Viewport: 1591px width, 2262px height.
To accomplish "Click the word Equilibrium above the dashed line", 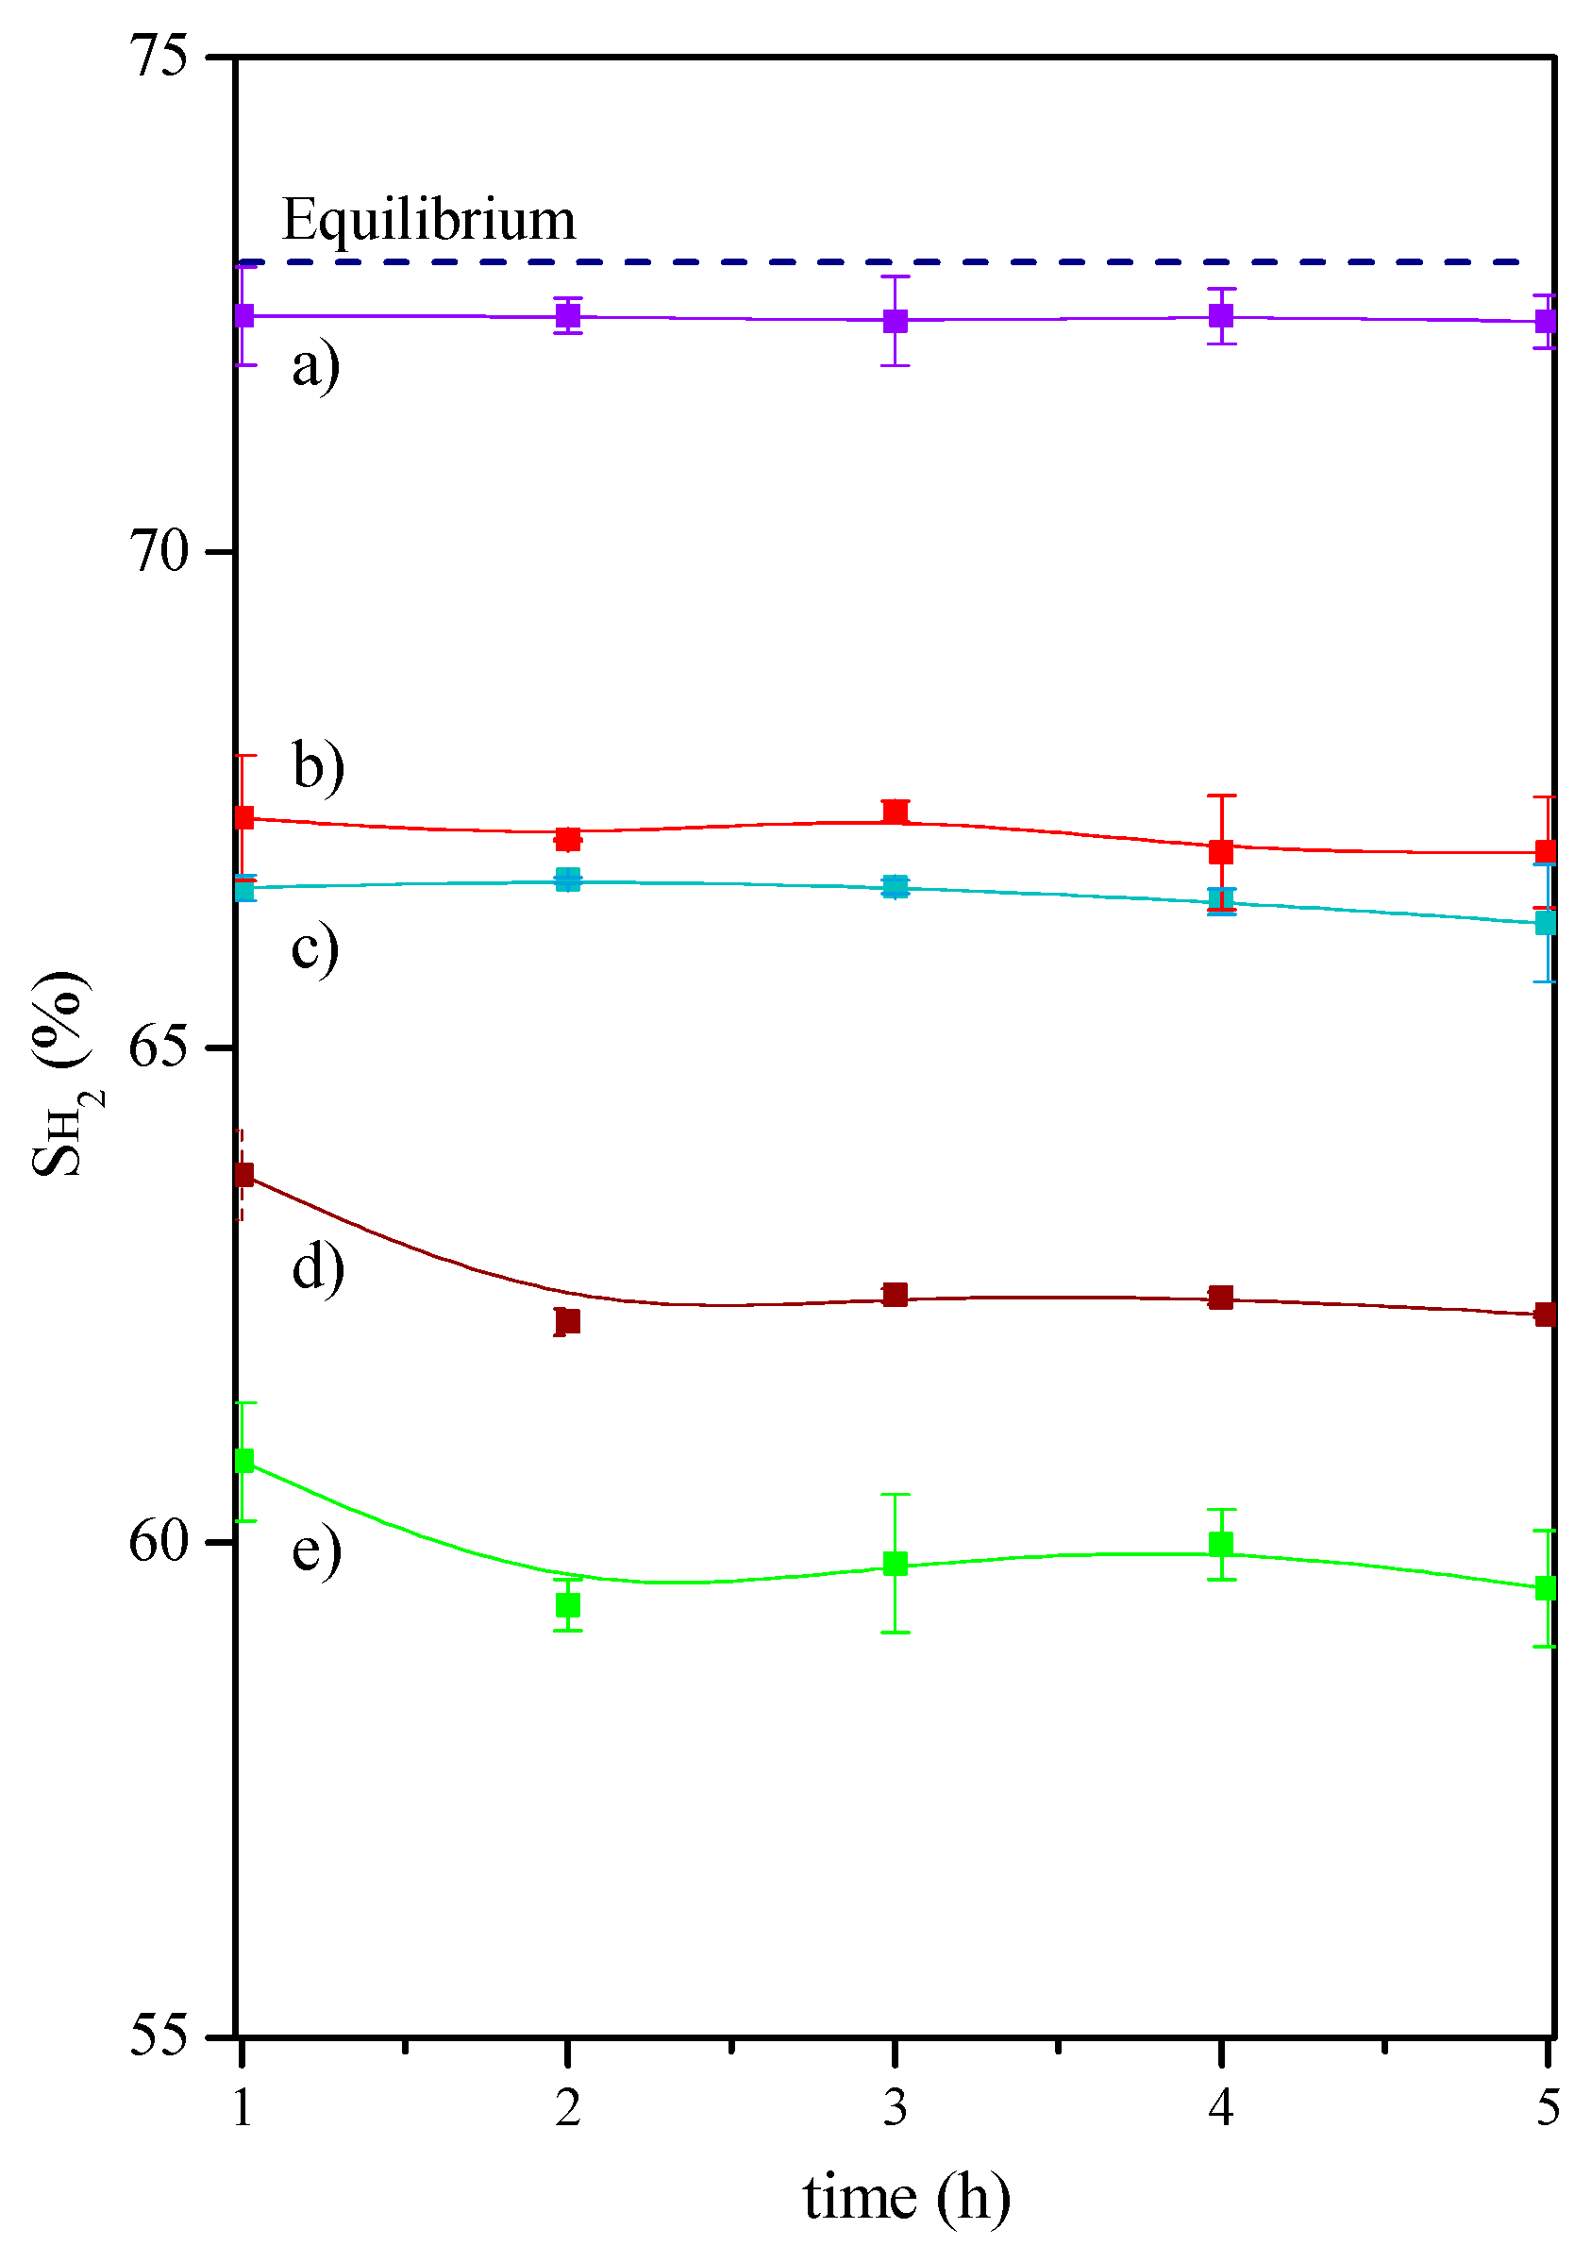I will click(x=427, y=219).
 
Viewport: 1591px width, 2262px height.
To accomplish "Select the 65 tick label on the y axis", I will click(x=159, y=1047).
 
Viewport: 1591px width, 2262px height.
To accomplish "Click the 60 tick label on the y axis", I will click(x=159, y=1542).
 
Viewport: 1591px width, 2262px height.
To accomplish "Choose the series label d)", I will click(x=318, y=1266).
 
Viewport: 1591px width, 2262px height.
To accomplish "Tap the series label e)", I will click(x=316, y=1549).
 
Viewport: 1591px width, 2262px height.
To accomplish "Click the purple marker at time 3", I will click(x=895, y=320).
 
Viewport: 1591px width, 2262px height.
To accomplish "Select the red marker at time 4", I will click(x=1222, y=851).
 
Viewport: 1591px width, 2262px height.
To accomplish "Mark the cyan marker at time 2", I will click(x=567, y=880).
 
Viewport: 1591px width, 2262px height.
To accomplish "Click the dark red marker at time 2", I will click(x=567, y=1322).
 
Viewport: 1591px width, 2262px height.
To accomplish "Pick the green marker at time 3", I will click(x=895, y=1564).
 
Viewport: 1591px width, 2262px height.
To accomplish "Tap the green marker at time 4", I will click(x=1222, y=1544).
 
